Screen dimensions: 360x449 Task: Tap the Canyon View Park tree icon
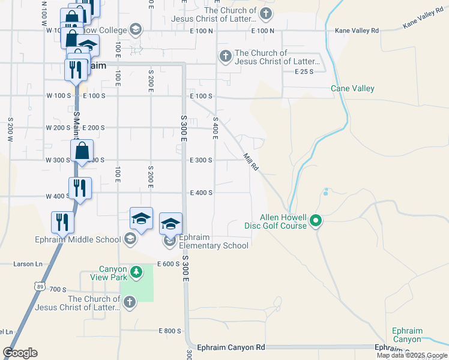137,273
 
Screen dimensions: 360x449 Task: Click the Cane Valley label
352,89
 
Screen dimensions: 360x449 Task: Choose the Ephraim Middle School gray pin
130,240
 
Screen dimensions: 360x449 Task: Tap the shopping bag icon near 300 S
82,151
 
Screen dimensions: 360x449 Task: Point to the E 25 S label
304,71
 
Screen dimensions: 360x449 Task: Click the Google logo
20,353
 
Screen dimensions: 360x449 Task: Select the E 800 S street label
170,331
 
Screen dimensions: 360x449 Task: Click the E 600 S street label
169,264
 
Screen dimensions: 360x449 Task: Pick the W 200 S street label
58,128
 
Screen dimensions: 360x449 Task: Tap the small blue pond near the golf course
325,192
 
